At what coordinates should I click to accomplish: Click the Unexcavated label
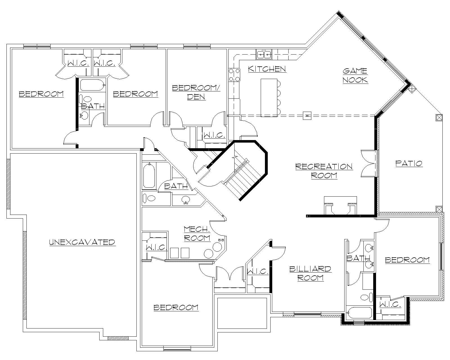click(x=82, y=242)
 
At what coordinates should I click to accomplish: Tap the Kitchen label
click(x=267, y=69)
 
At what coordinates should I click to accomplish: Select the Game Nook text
click(x=355, y=75)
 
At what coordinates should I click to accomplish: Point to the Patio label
click(x=409, y=163)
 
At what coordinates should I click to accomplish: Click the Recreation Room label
click(x=324, y=171)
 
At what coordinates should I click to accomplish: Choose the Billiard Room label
click(x=310, y=273)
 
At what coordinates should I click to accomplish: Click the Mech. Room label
click(x=197, y=233)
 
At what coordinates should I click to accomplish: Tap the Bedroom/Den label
click(x=196, y=92)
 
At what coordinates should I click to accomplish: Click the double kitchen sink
click(x=264, y=54)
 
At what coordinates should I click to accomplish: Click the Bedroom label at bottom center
click(x=176, y=308)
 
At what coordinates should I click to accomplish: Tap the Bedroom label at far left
click(x=41, y=94)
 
